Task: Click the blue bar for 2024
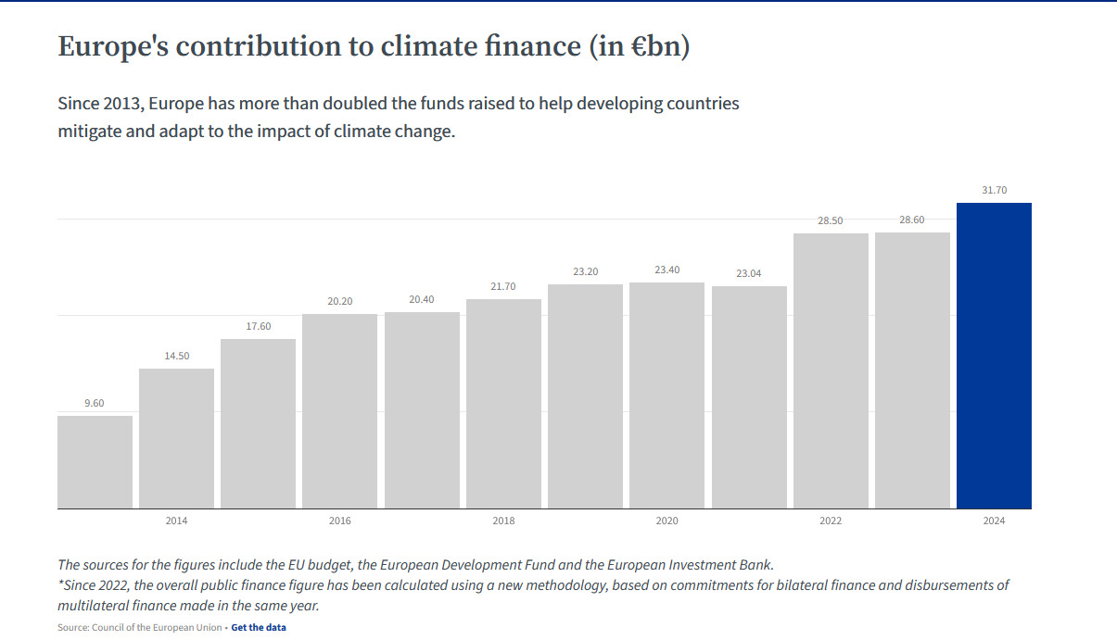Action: coord(994,356)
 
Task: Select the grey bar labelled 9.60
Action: coord(95,462)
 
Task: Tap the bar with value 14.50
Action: coord(176,438)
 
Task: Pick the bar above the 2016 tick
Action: coord(340,411)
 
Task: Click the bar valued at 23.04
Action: coord(749,397)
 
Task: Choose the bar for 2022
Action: coord(831,370)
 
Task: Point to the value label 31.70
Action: coord(994,191)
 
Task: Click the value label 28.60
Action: coord(912,220)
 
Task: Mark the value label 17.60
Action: coord(258,326)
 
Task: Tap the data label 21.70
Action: coord(503,287)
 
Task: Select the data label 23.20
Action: coord(585,272)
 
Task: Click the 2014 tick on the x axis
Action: coord(176,521)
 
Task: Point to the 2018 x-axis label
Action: coord(503,521)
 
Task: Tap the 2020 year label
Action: coord(666,521)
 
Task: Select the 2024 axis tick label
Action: coord(994,521)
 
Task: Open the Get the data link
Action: coord(259,628)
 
